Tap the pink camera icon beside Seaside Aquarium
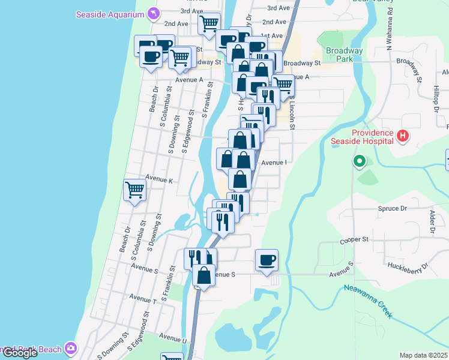154,13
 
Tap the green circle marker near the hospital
359,161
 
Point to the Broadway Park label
344,55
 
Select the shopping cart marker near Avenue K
135,190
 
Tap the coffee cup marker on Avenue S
267,260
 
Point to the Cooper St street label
354,239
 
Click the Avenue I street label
274,162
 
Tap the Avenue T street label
142,298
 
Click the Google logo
20,353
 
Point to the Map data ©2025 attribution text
423,355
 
